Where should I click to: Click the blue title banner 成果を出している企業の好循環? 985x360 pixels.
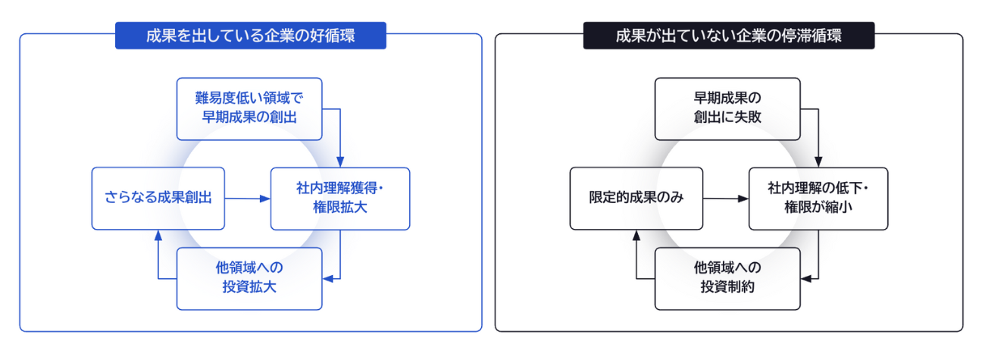(251, 35)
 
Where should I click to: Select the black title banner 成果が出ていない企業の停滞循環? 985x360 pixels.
(729, 35)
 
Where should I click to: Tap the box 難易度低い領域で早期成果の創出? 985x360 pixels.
(249, 109)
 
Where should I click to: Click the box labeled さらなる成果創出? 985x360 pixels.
(158, 199)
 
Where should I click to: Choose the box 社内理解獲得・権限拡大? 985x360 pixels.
(340, 199)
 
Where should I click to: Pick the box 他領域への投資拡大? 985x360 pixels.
(249, 279)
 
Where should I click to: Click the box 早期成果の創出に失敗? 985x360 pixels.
(727, 109)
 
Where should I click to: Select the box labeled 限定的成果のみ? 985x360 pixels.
(636, 199)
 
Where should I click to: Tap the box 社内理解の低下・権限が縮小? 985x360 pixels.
(818, 199)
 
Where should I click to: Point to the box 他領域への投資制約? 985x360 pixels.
(727, 279)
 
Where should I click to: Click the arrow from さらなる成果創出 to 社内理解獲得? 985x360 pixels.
(248, 199)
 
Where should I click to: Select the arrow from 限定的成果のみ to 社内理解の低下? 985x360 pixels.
(726, 199)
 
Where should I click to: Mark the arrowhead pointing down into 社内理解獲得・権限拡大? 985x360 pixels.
(340, 161)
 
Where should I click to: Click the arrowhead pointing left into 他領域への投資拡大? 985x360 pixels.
(328, 279)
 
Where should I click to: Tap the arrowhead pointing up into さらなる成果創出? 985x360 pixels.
(158, 236)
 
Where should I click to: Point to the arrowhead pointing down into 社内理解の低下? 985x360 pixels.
(818, 161)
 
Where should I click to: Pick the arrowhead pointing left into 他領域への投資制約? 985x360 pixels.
(806, 279)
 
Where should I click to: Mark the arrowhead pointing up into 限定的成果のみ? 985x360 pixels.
(636, 236)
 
